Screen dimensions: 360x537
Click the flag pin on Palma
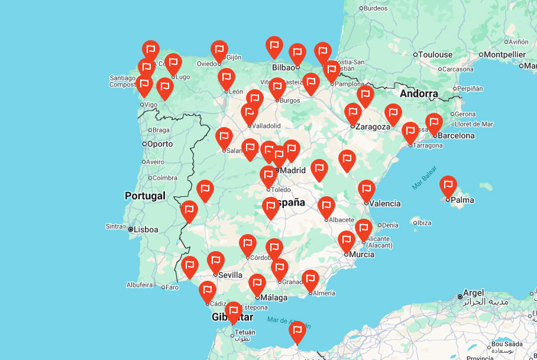448,187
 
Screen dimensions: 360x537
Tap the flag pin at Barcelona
434,124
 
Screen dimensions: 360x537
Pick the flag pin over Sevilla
216,262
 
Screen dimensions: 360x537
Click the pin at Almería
310,281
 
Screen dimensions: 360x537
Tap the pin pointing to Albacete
326,207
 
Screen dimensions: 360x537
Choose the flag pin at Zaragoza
353,114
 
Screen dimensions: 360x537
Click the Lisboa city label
145,229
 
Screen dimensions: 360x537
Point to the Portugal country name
145,196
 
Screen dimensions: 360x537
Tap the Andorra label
419,93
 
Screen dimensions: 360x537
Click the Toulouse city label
435,54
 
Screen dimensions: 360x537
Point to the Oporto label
160,144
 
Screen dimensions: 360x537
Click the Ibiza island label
424,223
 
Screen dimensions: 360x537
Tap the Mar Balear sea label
425,177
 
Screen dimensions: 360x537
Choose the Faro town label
172,287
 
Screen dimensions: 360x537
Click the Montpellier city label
504,54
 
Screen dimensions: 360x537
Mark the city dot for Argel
460,296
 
